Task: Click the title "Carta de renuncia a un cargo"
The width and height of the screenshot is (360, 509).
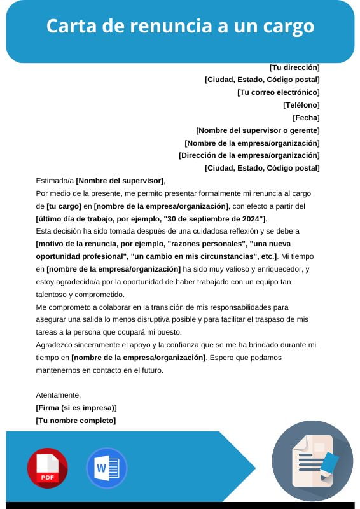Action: [180, 26]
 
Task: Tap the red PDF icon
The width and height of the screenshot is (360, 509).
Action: [47, 468]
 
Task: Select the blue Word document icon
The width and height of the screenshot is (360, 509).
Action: [107, 468]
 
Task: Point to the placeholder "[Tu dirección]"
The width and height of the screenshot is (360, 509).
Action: [294, 67]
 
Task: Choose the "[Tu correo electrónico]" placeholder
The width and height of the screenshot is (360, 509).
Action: [278, 92]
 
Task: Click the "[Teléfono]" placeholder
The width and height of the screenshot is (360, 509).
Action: [301, 105]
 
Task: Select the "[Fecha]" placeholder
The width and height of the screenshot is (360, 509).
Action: [306, 118]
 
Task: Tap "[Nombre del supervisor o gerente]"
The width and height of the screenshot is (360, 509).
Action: [258, 130]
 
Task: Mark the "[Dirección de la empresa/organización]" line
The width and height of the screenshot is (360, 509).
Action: [249, 155]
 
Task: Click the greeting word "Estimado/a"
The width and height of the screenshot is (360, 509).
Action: [55, 181]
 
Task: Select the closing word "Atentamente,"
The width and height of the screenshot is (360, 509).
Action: [59, 395]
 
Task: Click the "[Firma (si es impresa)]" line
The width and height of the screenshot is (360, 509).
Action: [76, 408]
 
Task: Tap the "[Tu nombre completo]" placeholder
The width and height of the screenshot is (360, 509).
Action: [76, 421]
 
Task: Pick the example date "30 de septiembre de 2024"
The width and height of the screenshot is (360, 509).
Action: [214, 219]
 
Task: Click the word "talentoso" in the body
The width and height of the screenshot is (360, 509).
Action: [53, 294]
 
